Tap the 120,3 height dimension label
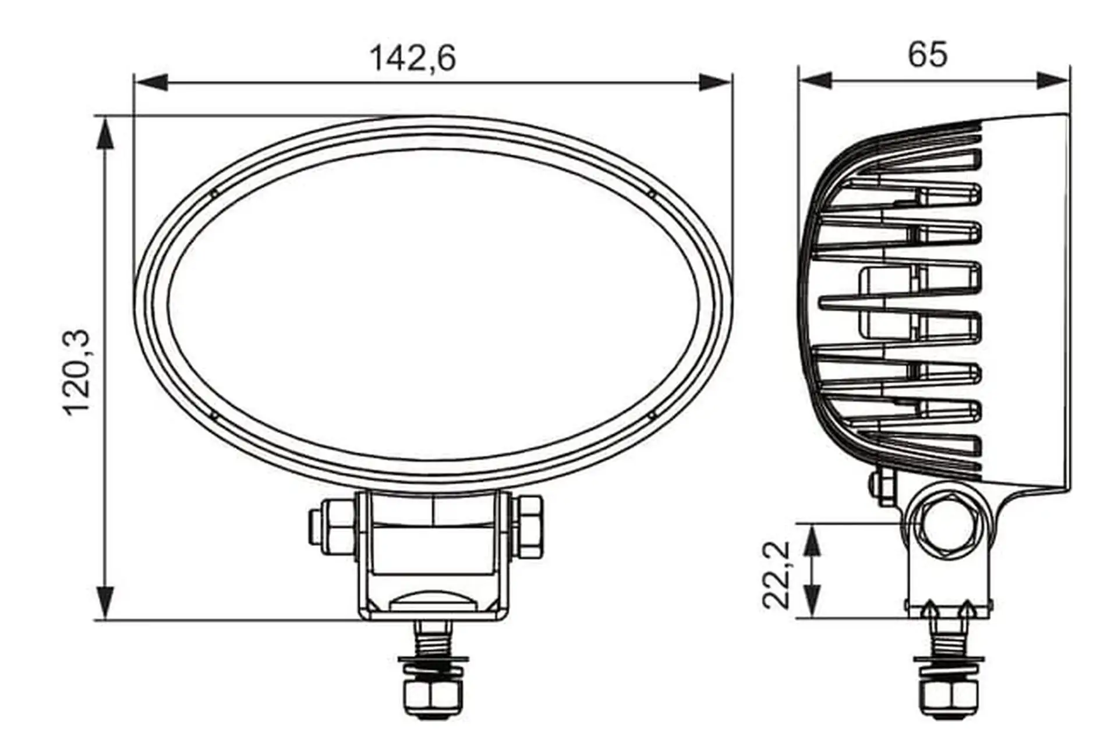[77, 372]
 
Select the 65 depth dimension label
[928, 54]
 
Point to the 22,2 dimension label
[776, 575]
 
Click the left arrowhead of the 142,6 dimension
[151, 82]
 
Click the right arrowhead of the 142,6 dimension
[714, 82]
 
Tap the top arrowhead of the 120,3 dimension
[105, 134]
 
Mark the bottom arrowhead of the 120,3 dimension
[105, 602]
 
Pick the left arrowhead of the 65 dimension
[815, 81]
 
